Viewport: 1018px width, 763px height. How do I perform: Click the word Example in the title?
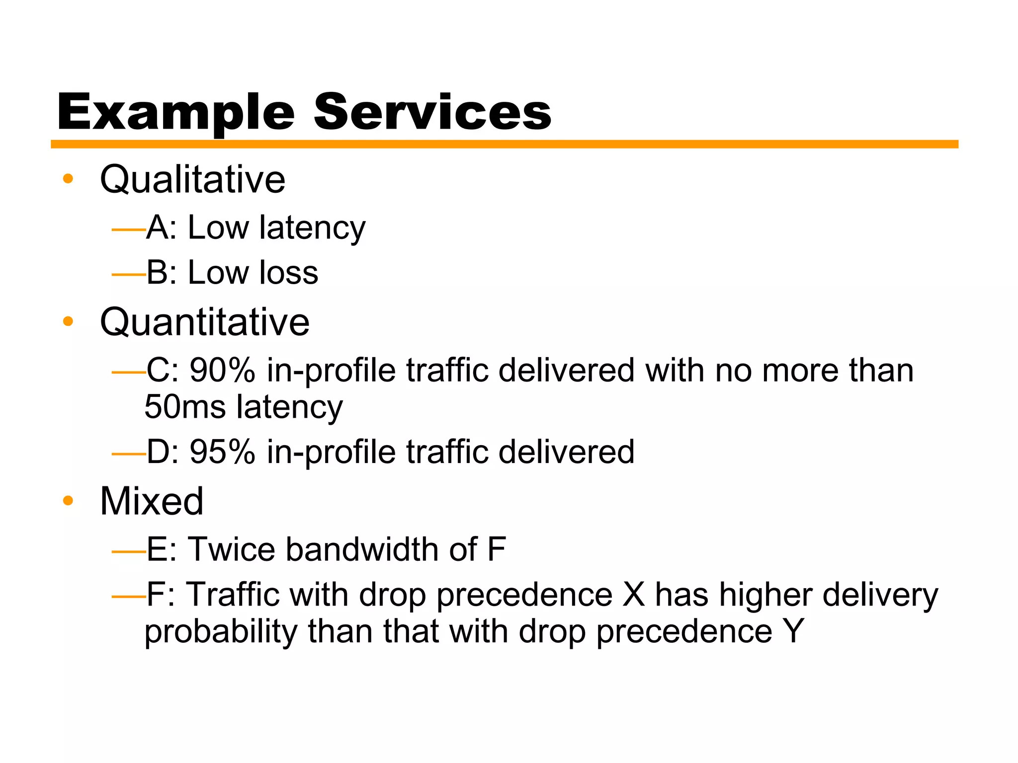tap(176, 113)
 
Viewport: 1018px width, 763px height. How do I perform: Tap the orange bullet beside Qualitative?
tap(68, 179)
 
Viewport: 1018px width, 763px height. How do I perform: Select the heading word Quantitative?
tap(205, 322)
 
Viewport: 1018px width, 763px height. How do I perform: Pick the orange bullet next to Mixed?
tap(68, 501)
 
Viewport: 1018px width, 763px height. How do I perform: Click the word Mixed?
tap(152, 501)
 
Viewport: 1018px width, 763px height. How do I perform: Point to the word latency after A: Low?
tap(312, 229)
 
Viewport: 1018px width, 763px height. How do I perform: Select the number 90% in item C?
tap(222, 371)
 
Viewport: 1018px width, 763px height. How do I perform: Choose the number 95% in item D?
tap(222, 452)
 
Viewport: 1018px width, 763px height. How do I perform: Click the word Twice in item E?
tap(231, 549)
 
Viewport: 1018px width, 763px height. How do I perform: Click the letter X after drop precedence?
tap(633, 595)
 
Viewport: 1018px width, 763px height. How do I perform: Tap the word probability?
tap(221, 632)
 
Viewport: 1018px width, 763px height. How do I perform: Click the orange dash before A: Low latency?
tap(128, 230)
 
